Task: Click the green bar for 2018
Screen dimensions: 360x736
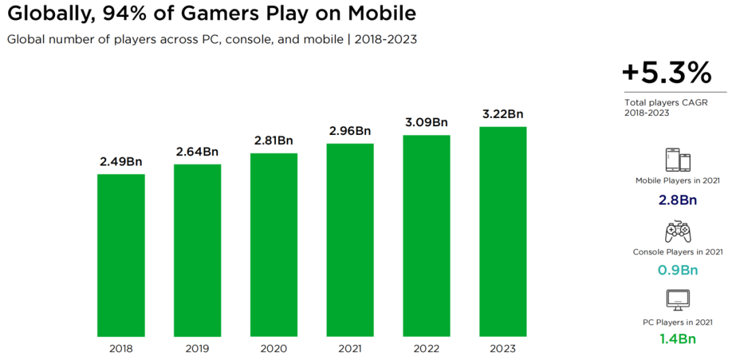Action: pyautogui.click(x=121, y=255)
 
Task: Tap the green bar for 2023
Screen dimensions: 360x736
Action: pyautogui.click(x=502, y=231)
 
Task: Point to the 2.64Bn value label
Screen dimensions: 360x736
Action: pyautogui.click(x=197, y=151)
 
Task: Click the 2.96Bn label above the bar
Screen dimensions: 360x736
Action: pyautogui.click(x=350, y=131)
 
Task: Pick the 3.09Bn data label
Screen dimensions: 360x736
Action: pyautogui.click(x=426, y=123)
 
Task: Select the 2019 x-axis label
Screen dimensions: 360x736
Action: pyautogui.click(x=197, y=348)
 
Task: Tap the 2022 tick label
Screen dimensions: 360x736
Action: pyautogui.click(x=426, y=348)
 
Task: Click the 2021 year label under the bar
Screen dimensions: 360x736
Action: pyautogui.click(x=350, y=348)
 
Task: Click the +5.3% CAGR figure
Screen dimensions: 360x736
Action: pyautogui.click(x=666, y=72)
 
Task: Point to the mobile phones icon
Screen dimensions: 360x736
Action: pyautogui.click(x=677, y=160)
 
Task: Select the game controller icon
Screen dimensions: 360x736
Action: pyautogui.click(x=677, y=232)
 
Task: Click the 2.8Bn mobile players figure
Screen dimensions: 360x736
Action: pyautogui.click(x=677, y=200)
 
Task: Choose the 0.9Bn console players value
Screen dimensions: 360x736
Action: pyautogui.click(x=677, y=270)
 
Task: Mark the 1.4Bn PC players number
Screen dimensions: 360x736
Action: pyautogui.click(x=677, y=339)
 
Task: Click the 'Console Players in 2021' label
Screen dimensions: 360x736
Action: pyautogui.click(x=677, y=252)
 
